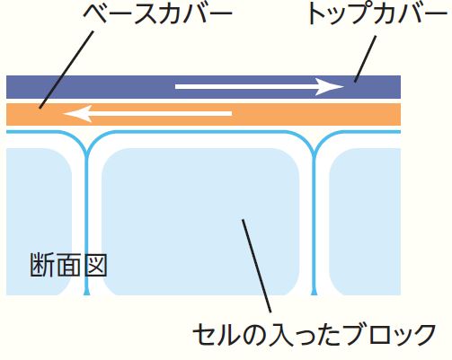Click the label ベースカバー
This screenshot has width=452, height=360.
pos(158,14)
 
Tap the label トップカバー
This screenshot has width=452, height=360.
pos(378,14)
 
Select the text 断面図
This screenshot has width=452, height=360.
pos(68,265)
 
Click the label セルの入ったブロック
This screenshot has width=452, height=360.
pos(314,335)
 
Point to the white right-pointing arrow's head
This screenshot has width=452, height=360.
pos(330,87)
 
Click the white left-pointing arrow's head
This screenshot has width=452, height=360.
pos(77,114)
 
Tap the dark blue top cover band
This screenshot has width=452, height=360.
pos(203,87)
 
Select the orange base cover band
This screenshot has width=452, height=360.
pos(203,115)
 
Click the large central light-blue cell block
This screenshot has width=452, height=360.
pos(200,222)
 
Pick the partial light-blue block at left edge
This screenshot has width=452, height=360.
pos(39,222)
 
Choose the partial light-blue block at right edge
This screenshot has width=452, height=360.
pos(365,222)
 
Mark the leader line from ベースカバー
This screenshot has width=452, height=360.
pos(66,69)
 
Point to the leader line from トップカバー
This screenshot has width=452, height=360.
pos(365,59)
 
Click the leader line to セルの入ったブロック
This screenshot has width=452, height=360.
pos(256,266)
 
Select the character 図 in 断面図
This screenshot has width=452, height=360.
pos(95,265)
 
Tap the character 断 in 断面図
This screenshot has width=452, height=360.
pos(41,265)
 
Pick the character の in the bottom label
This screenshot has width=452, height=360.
pos(254,335)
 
